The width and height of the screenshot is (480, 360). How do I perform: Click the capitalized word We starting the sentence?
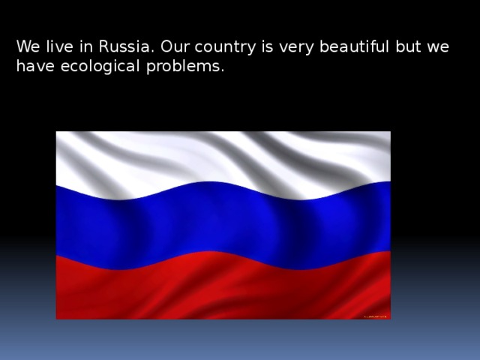(x=27, y=46)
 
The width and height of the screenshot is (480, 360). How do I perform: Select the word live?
(x=58, y=46)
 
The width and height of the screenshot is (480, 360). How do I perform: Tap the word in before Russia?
(x=85, y=46)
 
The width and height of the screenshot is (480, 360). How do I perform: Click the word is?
(x=261, y=46)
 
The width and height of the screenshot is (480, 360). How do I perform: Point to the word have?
(x=31, y=66)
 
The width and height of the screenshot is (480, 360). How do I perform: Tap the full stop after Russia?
(x=150, y=51)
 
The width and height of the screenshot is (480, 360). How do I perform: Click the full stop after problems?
(x=222, y=70)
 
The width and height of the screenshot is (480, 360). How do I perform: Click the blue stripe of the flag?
(x=225, y=221)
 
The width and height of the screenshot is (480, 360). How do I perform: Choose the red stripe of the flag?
(x=225, y=289)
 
